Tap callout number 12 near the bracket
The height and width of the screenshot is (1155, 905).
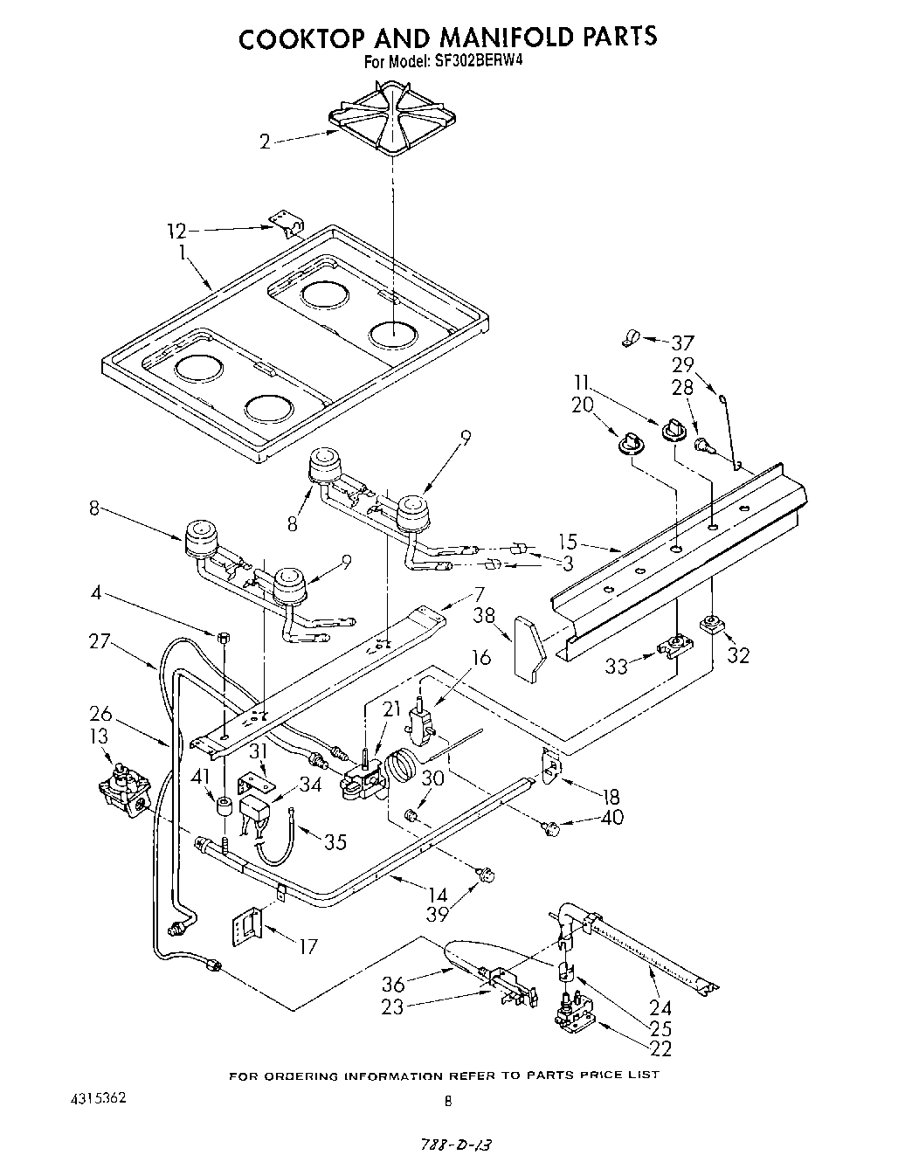click(177, 231)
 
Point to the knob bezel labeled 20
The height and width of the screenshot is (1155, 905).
click(628, 444)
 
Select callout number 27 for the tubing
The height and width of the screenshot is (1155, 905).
click(100, 642)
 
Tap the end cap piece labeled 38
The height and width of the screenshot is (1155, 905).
click(528, 647)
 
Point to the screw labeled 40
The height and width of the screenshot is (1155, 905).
click(551, 827)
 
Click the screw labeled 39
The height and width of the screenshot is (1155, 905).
click(485, 873)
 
